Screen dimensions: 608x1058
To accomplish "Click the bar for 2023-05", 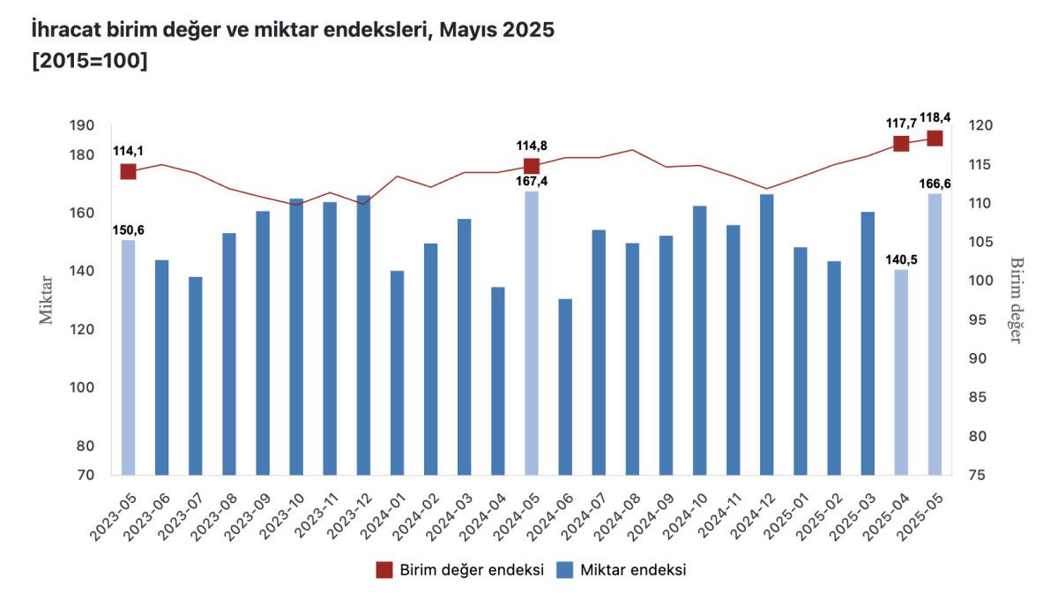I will click(x=128, y=357).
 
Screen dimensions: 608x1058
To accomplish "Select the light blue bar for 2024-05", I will click(x=532, y=333).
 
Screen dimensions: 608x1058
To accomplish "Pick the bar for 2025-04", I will click(x=901, y=372).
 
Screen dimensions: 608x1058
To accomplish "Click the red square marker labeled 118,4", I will click(x=935, y=139).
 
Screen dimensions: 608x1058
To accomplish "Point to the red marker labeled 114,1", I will click(x=129, y=171).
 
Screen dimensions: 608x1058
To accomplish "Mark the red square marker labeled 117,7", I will click(x=901, y=144).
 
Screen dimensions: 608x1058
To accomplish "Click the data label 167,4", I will click(x=532, y=182).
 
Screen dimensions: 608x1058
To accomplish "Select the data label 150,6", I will click(x=128, y=230).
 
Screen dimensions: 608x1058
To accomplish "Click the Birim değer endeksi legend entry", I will click(x=458, y=570).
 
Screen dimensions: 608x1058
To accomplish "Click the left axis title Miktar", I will click(x=47, y=300).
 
